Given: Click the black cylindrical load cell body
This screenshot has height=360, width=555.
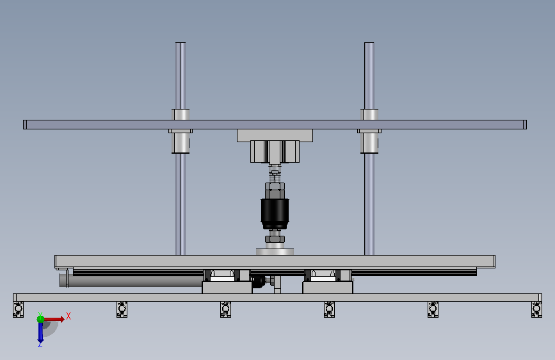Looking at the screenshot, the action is [x=275, y=214].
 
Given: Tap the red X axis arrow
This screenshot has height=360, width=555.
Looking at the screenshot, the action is [x=54, y=319].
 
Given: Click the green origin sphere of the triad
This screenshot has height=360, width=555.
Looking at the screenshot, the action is [x=40, y=319].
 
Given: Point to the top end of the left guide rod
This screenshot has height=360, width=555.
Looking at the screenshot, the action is [x=181, y=43].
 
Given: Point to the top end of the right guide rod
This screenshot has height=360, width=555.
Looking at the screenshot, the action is [x=369, y=43].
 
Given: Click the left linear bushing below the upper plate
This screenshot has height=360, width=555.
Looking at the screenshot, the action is [x=181, y=142].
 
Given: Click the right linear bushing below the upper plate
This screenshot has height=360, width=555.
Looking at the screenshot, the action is [x=369, y=142].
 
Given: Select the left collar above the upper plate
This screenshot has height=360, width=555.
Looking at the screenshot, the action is [x=181, y=115].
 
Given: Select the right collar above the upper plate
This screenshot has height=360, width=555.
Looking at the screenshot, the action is [x=369, y=115].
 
